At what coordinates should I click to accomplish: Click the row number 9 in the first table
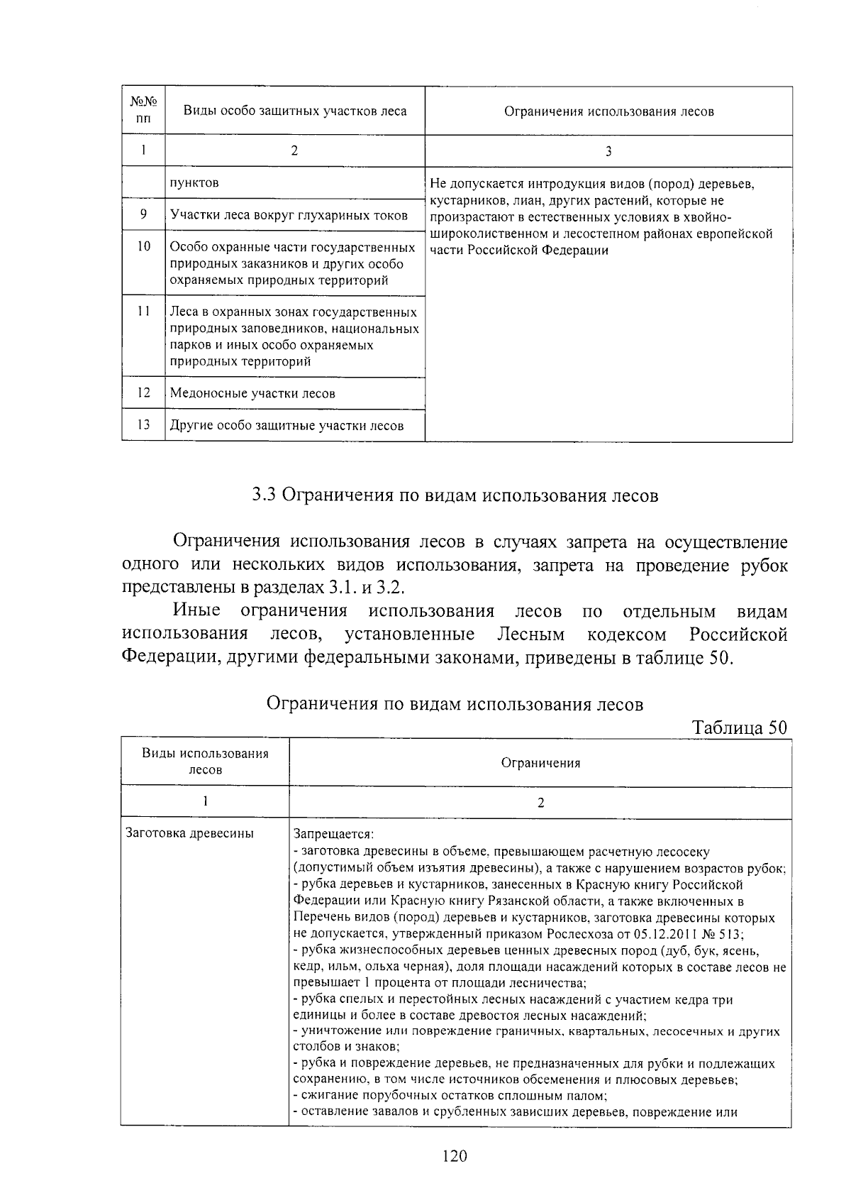pyautogui.click(x=143, y=214)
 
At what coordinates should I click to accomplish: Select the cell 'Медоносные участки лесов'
pyautogui.click(x=252, y=393)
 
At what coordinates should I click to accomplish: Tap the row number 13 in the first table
pyautogui.click(x=143, y=424)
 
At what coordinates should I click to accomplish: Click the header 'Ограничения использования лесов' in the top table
pyautogui.click(x=608, y=111)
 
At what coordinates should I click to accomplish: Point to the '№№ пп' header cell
pyautogui.click(x=143, y=111)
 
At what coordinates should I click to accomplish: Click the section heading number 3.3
pyautogui.click(x=263, y=495)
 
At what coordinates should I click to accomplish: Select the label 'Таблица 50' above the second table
pyautogui.click(x=740, y=727)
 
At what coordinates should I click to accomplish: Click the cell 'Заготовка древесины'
pyautogui.click(x=189, y=833)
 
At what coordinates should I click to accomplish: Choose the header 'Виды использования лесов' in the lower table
pyautogui.click(x=205, y=762)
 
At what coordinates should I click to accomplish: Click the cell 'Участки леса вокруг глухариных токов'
pyautogui.click(x=289, y=215)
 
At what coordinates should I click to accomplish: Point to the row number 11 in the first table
pyautogui.click(x=143, y=312)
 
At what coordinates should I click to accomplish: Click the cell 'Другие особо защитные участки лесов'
pyautogui.click(x=287, y=425)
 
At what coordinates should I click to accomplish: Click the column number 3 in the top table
pyautogui.click(x=608, y=150)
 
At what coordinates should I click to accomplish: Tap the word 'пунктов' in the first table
pyautogui.click(x=194, y=182)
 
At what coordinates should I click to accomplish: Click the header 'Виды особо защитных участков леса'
pyautogui.click(x=295, y=111)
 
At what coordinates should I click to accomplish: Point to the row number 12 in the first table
pyautogui.click(x=143, y=392)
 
